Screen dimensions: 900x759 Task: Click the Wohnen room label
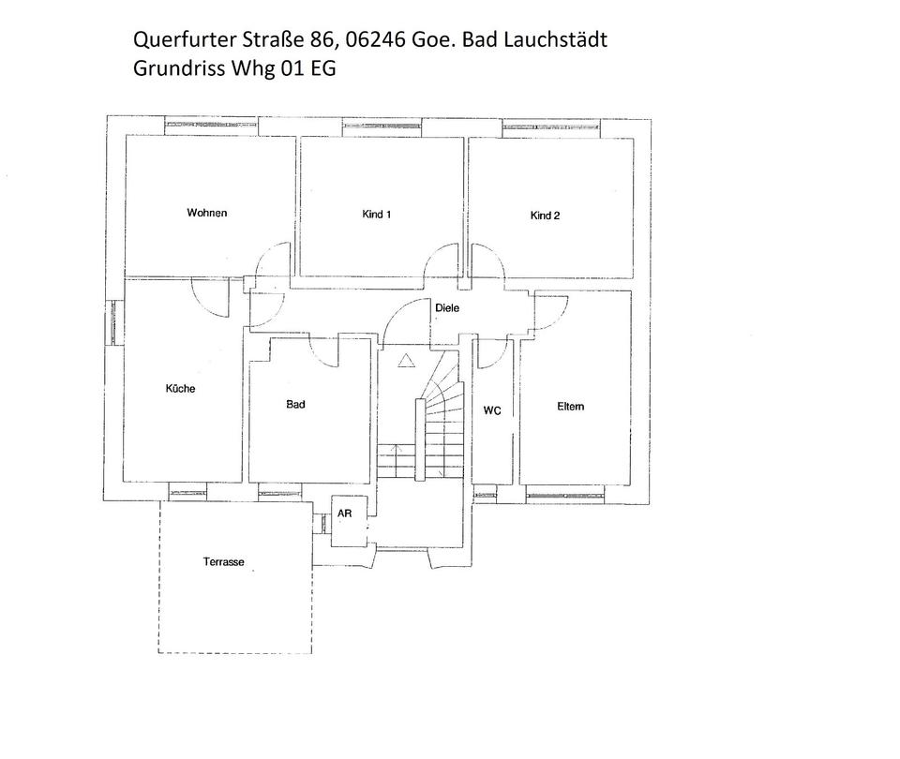[x=206, y=213]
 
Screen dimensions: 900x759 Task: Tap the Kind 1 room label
[x=376, y=215]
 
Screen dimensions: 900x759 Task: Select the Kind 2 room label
[x=545, y=216]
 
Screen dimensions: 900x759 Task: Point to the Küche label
[x=180, y=388]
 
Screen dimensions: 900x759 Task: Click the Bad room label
[x=295, y=405]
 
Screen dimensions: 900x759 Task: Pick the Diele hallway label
[x=447, y=308]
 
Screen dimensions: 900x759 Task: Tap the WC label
[x=492, y=410]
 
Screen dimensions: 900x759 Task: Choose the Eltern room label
[x=570, y=406]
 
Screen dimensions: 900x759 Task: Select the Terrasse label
[x=224, y=562]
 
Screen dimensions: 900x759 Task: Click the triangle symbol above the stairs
[x=406, y=361]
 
